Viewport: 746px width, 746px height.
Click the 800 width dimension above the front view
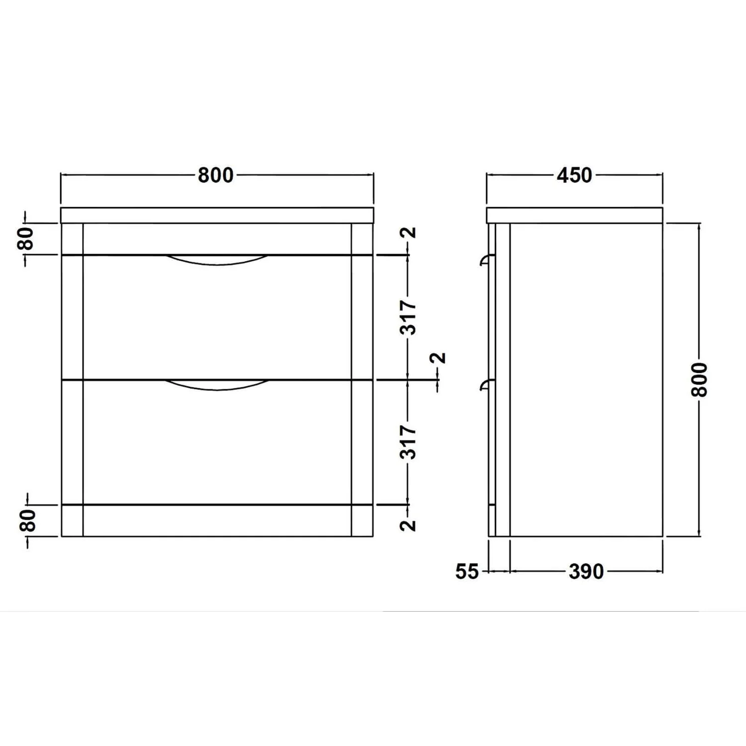pos(216,175)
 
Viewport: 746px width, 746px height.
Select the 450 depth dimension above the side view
pos(574,175)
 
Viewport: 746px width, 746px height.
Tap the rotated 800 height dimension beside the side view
pos(699,379)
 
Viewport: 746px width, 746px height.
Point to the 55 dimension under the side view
pos(466,571)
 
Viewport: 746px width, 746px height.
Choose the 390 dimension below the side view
pos(586,571)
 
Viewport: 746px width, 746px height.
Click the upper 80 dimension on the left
pos(27,239)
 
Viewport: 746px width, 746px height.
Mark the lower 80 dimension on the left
pos(28,521)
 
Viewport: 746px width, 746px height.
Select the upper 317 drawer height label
pos(408,317)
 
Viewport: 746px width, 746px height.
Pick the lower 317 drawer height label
pos(408,442)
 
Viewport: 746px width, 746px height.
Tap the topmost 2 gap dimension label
pos(410,233)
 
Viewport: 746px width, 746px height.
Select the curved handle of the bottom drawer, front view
pos(216,384)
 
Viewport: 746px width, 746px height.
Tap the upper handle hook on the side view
pos(485,261)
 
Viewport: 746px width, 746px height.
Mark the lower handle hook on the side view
pos(485,384)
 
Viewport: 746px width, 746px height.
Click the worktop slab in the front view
pos(216,215)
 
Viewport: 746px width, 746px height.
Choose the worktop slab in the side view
pos(574,215)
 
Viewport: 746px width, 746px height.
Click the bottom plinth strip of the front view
pos(216,521)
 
